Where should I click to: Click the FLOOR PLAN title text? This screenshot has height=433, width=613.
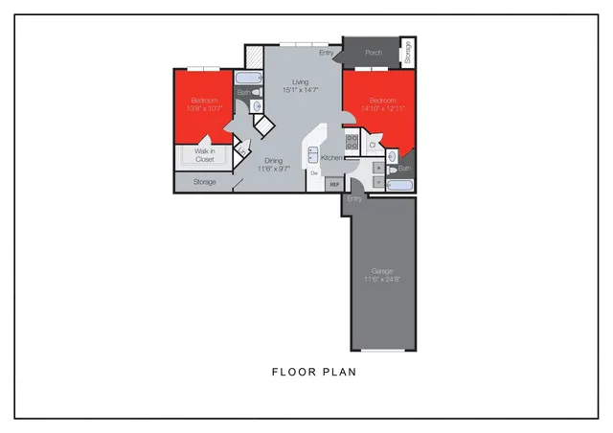click(313, 372)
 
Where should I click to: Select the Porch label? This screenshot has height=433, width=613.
click(374, 53)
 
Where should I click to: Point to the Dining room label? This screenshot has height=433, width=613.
click(273, 161)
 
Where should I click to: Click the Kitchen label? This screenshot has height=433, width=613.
click(331, 157)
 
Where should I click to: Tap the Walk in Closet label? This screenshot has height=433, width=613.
click(205, 155)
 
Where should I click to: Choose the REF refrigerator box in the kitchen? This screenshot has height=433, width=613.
click(333, 183)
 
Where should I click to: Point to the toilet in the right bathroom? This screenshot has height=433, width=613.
click(395, 155)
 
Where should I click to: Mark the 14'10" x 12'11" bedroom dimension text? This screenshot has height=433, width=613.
click(381, 108)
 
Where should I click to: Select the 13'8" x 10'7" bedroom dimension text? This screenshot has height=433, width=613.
click(204, 108)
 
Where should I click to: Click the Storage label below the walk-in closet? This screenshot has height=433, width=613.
click(204, 181)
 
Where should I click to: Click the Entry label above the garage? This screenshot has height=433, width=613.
click(355, 198)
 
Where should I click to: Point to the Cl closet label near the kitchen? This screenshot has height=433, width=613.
click(372, 145)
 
